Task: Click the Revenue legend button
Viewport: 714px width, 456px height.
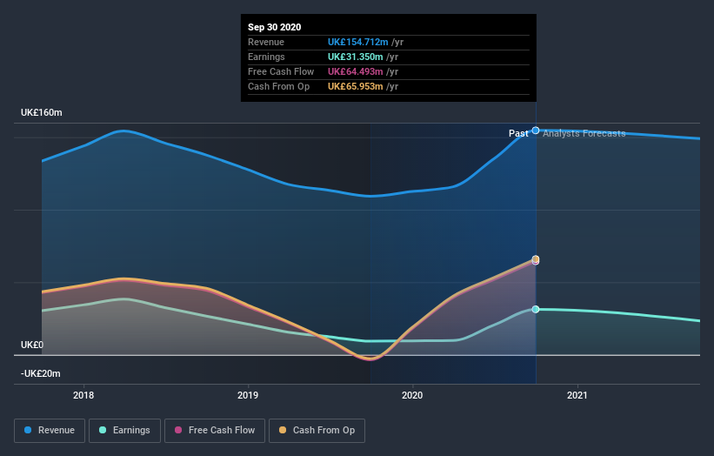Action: pos(50,430)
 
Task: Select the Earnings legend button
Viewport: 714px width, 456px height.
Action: pos(124,430)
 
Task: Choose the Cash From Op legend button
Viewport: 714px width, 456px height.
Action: pos(317,430)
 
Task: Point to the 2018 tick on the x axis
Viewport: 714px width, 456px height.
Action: pos(84,395)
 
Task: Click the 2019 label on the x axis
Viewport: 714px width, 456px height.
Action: pos(249,395)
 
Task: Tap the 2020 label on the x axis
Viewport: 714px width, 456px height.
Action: pos(412,395)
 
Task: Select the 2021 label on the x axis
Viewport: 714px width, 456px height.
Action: pos(577,395)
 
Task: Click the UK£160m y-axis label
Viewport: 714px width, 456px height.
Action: pos(42,113)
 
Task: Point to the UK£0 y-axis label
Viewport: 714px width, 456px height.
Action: pos(33,345)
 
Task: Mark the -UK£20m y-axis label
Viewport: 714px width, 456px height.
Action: pos(42,373)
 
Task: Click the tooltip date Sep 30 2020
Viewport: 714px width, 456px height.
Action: pos(274,27)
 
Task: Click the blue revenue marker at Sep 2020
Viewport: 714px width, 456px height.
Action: pos(536,131)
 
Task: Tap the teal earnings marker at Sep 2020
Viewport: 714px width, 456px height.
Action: pos(536,309)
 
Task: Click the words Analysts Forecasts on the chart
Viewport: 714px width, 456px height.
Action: pos(584,133)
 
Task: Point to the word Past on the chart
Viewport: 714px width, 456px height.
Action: pos(518,133)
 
